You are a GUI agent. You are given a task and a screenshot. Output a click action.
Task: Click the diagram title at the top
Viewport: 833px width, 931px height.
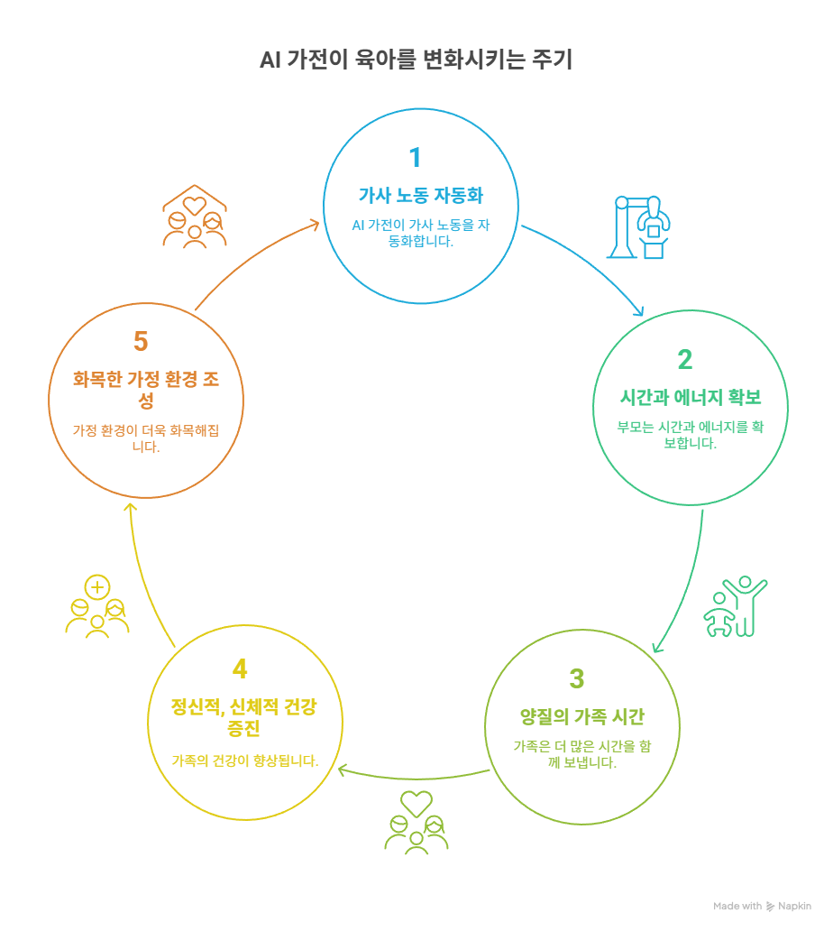(416, 60)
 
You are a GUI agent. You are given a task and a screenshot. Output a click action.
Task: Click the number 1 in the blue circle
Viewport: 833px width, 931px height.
(415, 158)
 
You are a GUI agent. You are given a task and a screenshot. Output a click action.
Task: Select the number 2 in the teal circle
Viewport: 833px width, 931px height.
(684, 360)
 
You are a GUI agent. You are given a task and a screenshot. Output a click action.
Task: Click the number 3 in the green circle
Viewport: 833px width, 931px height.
(577, 678)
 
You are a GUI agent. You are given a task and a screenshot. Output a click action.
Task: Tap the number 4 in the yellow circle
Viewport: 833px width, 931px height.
(240, 668)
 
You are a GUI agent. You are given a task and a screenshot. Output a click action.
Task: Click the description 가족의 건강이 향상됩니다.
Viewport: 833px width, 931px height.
(245, 760)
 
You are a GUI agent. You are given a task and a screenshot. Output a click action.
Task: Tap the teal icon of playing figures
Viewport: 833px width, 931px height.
(734, 605)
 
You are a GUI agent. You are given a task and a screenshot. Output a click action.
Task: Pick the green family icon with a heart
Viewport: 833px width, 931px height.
(416, 821)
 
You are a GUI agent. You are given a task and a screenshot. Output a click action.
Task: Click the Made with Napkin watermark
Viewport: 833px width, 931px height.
(762, 906)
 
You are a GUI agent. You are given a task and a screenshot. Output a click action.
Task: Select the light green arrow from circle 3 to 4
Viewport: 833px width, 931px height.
(410, 775)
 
